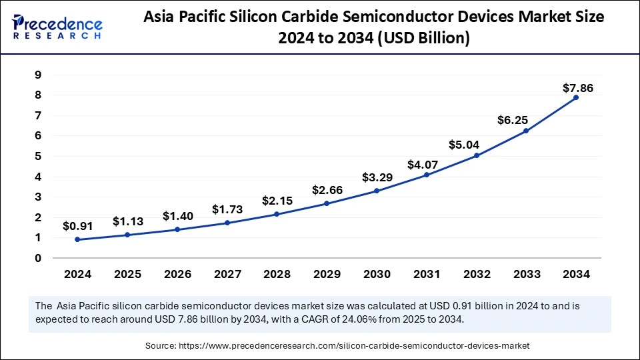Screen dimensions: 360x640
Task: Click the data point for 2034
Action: click(x=575, y=97)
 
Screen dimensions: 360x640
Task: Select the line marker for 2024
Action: click(x=77, y=239)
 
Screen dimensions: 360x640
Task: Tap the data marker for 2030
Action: click(x=377, y=191)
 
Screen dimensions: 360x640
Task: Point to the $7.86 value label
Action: click(x=577, y=87)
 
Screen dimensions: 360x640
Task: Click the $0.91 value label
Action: click(x=77, y=226)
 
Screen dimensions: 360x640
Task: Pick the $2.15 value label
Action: click(x=277, y=201)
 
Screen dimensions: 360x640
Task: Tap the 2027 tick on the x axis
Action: click(x=227, y=274)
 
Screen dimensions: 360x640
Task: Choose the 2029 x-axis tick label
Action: click(x=327, y=274)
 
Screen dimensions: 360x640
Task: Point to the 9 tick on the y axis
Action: click(x=38, y=75)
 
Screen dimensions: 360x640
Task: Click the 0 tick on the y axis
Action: click(x=38, y=258)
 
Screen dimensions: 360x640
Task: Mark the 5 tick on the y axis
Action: click(x=38, y=156)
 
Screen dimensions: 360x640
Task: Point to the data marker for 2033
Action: click(x=526, y=131)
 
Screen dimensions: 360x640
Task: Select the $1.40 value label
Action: click(x=177, y=216)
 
